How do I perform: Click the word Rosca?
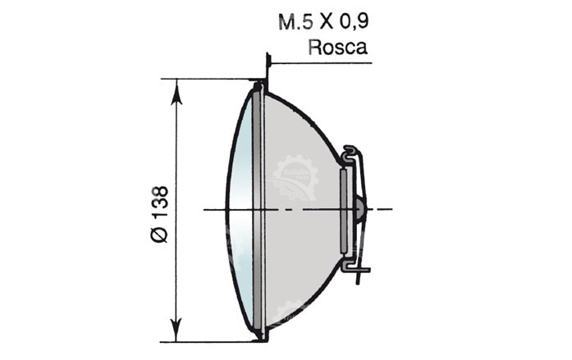click(338, 48)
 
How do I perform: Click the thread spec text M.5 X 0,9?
click(323, 21)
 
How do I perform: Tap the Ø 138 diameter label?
click(160, 214)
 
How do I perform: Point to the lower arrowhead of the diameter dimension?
click(176, 330)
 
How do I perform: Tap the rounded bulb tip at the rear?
click(361, 209)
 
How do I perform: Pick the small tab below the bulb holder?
click(357, 269)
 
